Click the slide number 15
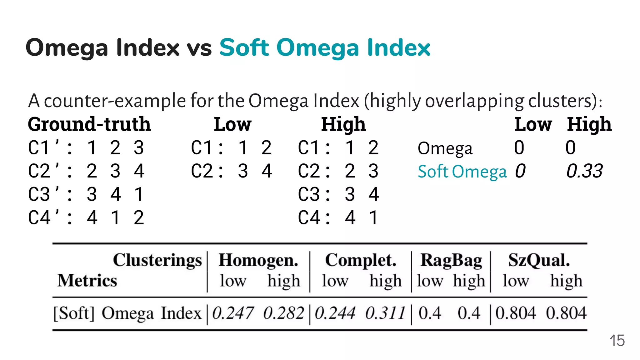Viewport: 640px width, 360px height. coord(617,341)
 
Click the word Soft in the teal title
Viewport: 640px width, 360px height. coord(244,48)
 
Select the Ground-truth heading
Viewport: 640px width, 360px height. coord(89,124)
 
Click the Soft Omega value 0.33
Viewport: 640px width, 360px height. coord(584,171)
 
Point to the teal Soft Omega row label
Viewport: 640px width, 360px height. coord(462,172)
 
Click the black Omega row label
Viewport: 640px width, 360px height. coord(445,148)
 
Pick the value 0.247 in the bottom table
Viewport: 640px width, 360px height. coord(232,313)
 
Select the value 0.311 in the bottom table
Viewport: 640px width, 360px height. coord(385,313)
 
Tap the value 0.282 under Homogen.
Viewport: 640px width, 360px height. coord(283,313)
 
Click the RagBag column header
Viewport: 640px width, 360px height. coord(451,260)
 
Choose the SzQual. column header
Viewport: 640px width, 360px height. coord(539,260)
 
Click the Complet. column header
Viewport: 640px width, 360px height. coord(361,260)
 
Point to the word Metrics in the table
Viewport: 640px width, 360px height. coord(87,280)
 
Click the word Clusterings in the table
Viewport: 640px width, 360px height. coord(157,260)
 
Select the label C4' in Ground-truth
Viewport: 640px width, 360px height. coord(44,217)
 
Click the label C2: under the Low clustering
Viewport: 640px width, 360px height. coord(207,171)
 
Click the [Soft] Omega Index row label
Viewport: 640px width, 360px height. coord(127,313)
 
